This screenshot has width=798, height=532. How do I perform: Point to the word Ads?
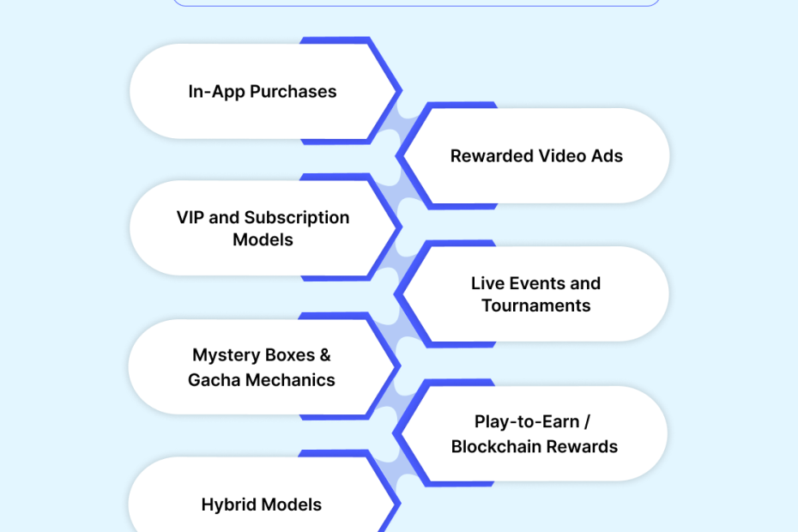coord(607,156)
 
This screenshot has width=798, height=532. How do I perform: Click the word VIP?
coord(190,217)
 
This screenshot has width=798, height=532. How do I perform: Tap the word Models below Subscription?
coord(263,239)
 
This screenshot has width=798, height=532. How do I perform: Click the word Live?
coord(487,283)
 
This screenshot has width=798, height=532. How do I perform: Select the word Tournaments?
coord(536,305)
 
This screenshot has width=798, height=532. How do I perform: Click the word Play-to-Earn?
coord(526,422)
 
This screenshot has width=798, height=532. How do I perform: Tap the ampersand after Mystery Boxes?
coord(323,355)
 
